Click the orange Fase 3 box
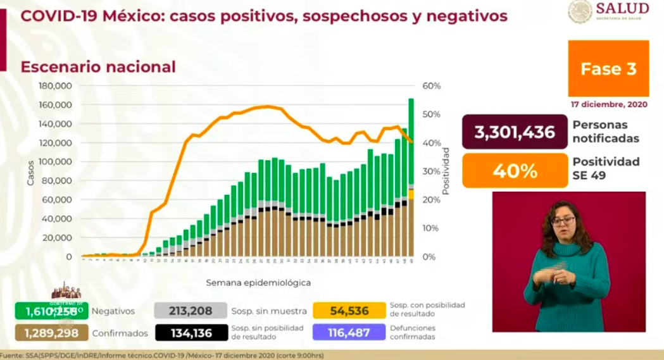(608, 68)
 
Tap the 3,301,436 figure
(514, 132)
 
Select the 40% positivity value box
(514, 171)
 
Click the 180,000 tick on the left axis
(56, 86)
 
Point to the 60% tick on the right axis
(431, 86)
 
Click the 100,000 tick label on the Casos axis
(56, 162)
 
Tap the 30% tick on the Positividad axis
(431, 171)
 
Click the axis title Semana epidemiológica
(258, 282)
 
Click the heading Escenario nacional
(98, 66)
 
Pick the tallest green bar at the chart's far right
(411, 139)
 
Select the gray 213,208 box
(191, 310)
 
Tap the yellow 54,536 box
(349, 310)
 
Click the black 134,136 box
(191, 332)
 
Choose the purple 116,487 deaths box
(349, 332)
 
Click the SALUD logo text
(622, 8)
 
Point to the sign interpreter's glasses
(563, 221)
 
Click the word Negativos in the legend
(113, 311)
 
